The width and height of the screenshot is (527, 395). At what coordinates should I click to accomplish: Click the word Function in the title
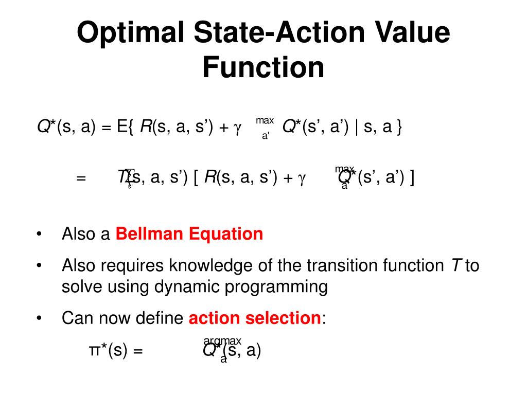tap(263, 67)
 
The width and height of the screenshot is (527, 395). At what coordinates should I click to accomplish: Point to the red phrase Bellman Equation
tap(189, 234)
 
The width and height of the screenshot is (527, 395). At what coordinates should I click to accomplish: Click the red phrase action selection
tap(255, 318)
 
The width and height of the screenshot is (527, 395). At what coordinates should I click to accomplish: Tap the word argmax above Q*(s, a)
tap(222, 341)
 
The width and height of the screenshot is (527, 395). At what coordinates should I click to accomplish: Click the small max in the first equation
tap(265, 120)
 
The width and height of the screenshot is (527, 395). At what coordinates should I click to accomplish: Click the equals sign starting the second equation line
tap(80, 178)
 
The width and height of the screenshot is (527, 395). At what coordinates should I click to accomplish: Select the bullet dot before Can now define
tap(40, 319)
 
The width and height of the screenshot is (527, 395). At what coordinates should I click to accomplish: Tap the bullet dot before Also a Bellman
tap(40, 235)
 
